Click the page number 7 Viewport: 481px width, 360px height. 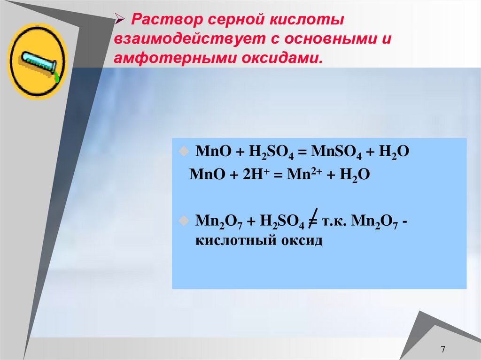pos(442,350)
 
